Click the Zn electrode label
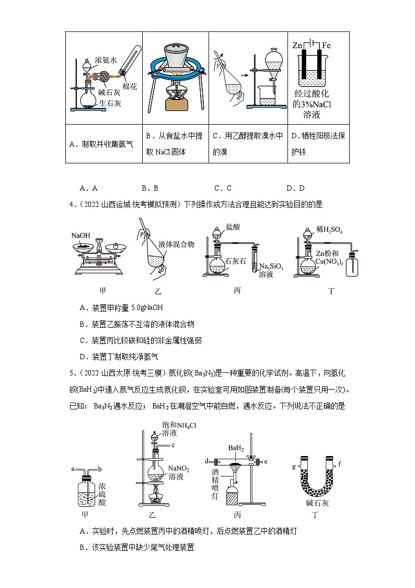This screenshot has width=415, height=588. point(297,46)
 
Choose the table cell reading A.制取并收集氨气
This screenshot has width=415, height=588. point(103,144)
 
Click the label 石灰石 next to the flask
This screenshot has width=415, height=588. point(235,261)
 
